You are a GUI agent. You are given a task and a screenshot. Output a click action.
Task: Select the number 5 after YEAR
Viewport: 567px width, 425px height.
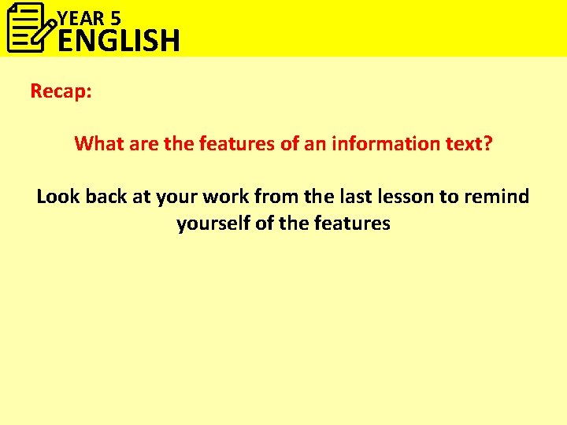click(x=115, y=15)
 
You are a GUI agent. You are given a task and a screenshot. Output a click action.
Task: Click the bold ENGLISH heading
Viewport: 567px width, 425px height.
click(x=119, y=40)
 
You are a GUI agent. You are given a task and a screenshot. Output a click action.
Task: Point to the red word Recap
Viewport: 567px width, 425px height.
click(x=61, y=91)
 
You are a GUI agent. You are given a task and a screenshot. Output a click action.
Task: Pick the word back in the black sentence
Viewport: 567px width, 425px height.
click(x=106, y=197)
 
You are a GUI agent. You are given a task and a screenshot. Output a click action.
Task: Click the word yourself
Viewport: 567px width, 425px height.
click(x=213, y=224)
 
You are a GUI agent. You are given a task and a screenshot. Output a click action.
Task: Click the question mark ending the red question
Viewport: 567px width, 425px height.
click(x=488, y=144)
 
